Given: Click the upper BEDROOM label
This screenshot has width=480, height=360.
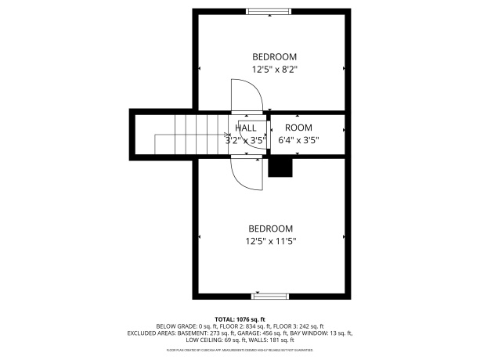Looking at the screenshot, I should point(274,56).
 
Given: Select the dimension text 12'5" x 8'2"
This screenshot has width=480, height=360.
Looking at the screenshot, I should point(274,69).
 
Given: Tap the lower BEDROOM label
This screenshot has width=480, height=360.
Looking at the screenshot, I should point(271,229).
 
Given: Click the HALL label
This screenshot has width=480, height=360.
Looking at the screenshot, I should point(246,128).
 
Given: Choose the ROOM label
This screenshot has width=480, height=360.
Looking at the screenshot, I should point(298,128).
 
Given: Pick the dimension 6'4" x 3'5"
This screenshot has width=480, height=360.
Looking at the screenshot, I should point(298,141).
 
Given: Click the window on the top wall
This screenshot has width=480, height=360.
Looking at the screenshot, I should point(269,11).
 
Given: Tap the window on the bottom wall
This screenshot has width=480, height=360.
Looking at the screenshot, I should point(270,297).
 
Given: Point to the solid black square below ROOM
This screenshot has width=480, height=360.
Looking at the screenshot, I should point(280,167).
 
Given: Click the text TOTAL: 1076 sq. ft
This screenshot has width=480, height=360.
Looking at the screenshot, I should point(240,319).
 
